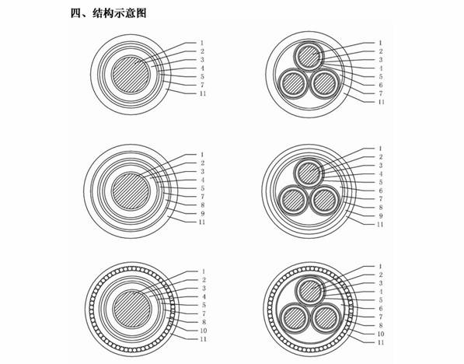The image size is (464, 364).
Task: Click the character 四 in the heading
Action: click(x=75, y=13)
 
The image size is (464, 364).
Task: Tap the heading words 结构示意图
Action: click(x=120, y=13)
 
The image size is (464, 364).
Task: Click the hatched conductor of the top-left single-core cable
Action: click(x=131, y=74)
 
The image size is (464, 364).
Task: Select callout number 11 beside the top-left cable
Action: click(x=202, y=93)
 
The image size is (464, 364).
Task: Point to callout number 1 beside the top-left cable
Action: click(x=202, y=43)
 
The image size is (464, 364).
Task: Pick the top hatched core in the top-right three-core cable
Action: click(x=309, y=57)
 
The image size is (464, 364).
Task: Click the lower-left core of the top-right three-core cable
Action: click(x=293, y=84)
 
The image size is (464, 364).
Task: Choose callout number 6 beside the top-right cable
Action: click(x=381, y=85)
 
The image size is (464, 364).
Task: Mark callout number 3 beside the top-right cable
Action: click(x=381, y=60)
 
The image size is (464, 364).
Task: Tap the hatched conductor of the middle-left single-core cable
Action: click(x=131, y=191)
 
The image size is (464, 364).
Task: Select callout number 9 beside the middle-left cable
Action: click(x=202, y=213)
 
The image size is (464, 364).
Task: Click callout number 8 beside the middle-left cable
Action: click(x=202, y=205)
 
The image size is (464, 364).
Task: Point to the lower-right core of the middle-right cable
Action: click(x=325, y=200)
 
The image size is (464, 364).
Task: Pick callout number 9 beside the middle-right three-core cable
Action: click(x=381, y=216)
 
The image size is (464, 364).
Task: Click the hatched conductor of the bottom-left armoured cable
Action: click(x=132, y=309)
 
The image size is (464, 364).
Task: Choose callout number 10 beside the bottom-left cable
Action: click(x=204, y=331)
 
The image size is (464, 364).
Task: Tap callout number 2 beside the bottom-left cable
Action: click(x=204, y=280)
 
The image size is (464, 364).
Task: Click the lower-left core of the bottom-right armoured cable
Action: click(x=294, y=319)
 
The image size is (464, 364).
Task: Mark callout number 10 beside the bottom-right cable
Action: click(x=381, y=334)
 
